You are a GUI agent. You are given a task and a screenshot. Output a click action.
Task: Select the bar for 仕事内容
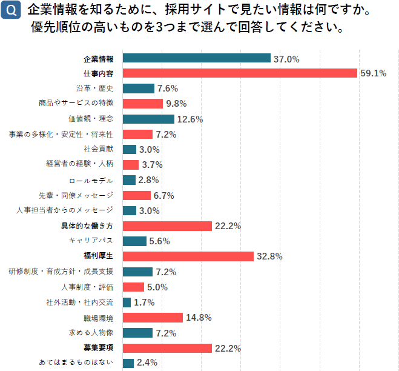point(240,73)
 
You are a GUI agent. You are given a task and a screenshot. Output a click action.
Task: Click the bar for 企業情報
point(196,58)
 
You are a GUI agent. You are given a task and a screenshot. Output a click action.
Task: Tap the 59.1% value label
point(373,73)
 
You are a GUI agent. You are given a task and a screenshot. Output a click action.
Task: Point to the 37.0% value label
point(286,59)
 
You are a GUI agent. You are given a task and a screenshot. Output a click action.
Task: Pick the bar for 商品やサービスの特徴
point(142,104)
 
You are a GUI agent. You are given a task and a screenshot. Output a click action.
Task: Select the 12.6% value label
point(190,119)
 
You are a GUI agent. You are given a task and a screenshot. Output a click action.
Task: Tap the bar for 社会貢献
point(129,150)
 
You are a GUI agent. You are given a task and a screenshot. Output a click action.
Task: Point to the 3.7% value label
point(152,165)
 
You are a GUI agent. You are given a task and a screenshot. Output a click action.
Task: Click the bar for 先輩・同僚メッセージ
point(136,195)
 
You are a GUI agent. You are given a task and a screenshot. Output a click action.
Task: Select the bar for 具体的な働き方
point(167,226)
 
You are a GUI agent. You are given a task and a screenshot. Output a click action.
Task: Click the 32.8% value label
point(269,256)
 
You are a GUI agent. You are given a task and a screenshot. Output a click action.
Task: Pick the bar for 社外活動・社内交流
point(127,302)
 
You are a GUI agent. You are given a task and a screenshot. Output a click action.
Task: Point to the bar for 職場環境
point(153,318)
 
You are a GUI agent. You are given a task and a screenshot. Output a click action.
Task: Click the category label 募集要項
point(98,348)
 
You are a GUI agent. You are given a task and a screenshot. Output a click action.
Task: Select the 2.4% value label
point(147,363)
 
